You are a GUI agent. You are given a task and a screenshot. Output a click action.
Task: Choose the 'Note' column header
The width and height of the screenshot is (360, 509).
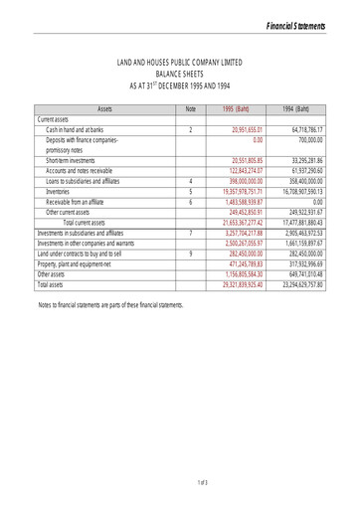coord(190,107)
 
